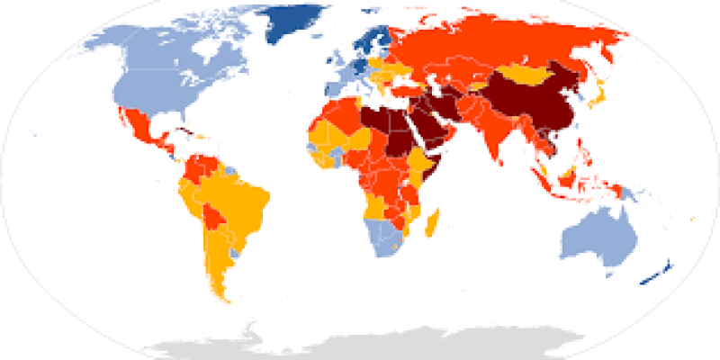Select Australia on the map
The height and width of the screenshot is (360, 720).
coord(598,236)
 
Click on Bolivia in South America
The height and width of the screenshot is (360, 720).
coord(213,219)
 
